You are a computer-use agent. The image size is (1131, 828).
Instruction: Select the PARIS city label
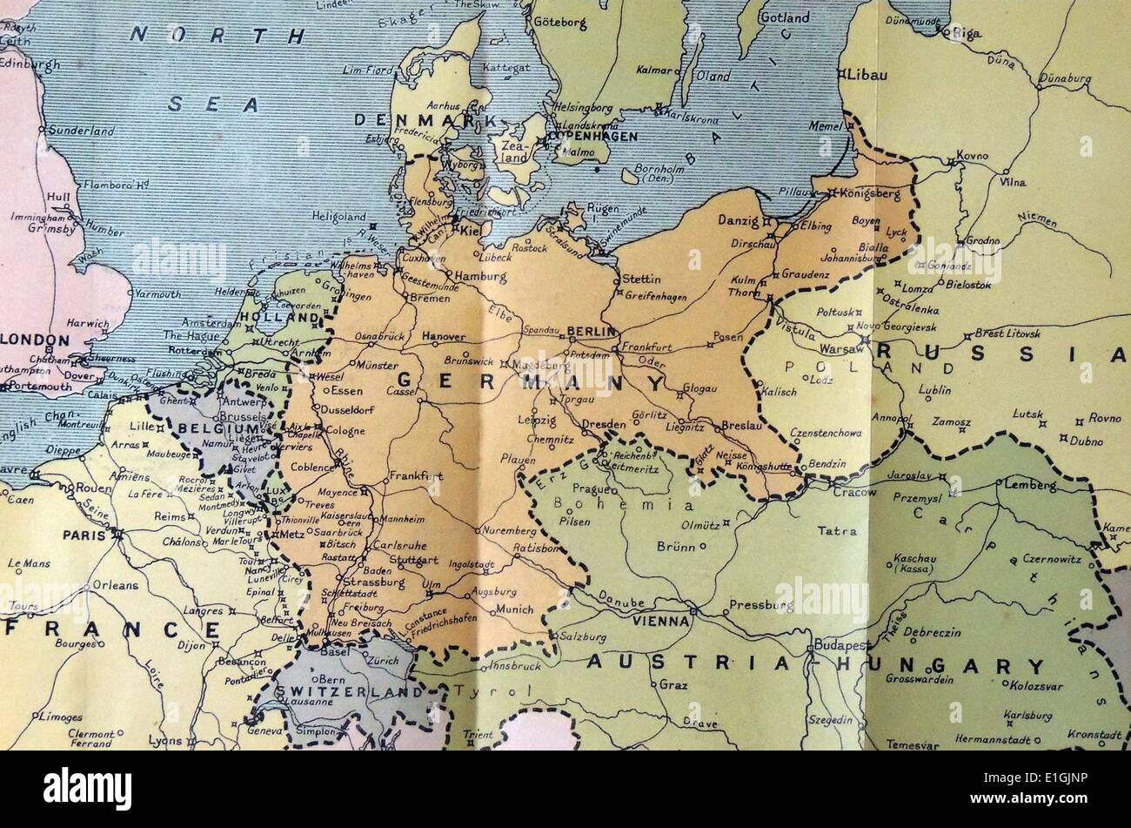tap(84, 535)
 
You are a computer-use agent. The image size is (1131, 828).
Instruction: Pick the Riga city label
tap(967, 33)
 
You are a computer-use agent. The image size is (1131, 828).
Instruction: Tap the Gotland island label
tap(785, 17)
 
